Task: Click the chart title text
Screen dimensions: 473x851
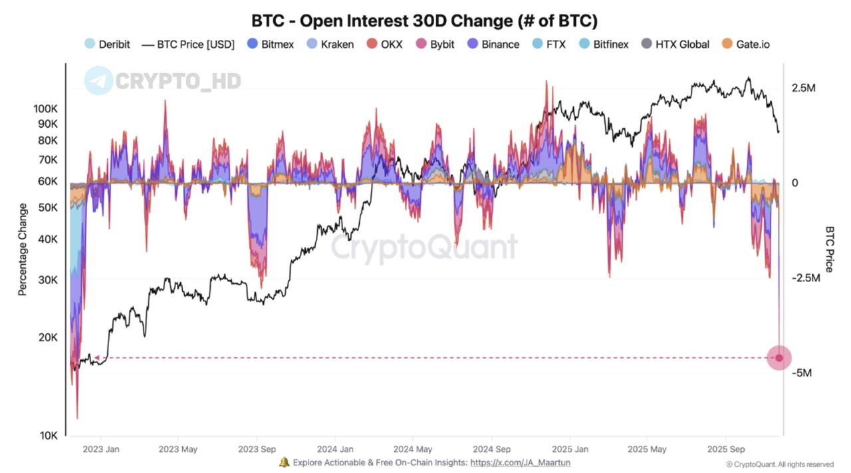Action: pyautogui.click(x=424, y=20)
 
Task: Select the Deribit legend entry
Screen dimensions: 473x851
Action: pyautogui.click(x=107, y=45)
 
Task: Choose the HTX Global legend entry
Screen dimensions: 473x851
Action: pyautogui.click(x=675, y=45)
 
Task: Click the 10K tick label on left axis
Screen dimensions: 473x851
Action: pyautogui.click(x=49, y=436)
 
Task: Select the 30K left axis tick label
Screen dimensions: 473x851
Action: pyautogui.click(x=48, y=280)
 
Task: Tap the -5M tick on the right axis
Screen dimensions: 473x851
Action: pyautogui.click(x=802, y=373)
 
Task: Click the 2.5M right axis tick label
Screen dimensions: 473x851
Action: pyautogui.click(x=802, y=88)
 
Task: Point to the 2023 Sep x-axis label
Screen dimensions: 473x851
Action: pyautogui.click(x=257, y=449)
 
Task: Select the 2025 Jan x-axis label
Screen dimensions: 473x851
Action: pyautogui.click(x=570, y=449)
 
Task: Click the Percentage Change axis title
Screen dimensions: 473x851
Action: pyautogui.click(x=23, y=249)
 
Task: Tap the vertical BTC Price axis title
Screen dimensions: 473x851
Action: pyautogui.click(x=829, y=249)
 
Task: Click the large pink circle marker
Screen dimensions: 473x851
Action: pyautogui.click(x=779, y=358)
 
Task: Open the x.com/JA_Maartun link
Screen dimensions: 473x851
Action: pyautogui.click(x=520, y=462)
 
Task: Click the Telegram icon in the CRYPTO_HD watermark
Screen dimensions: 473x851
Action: pyautogui.click(x=98, y=80)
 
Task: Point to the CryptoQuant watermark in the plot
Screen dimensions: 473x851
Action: pyautogui.click(x=424, y=247)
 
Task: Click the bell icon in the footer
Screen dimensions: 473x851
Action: pyautogui.click(x=284, y=462)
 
